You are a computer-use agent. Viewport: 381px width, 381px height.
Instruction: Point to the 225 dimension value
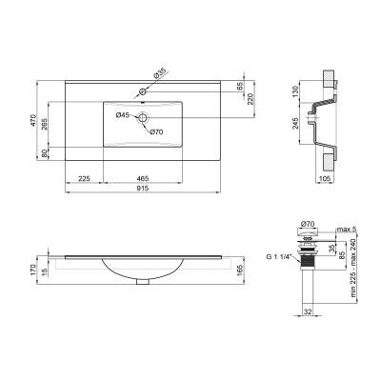(x=84, y=177)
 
